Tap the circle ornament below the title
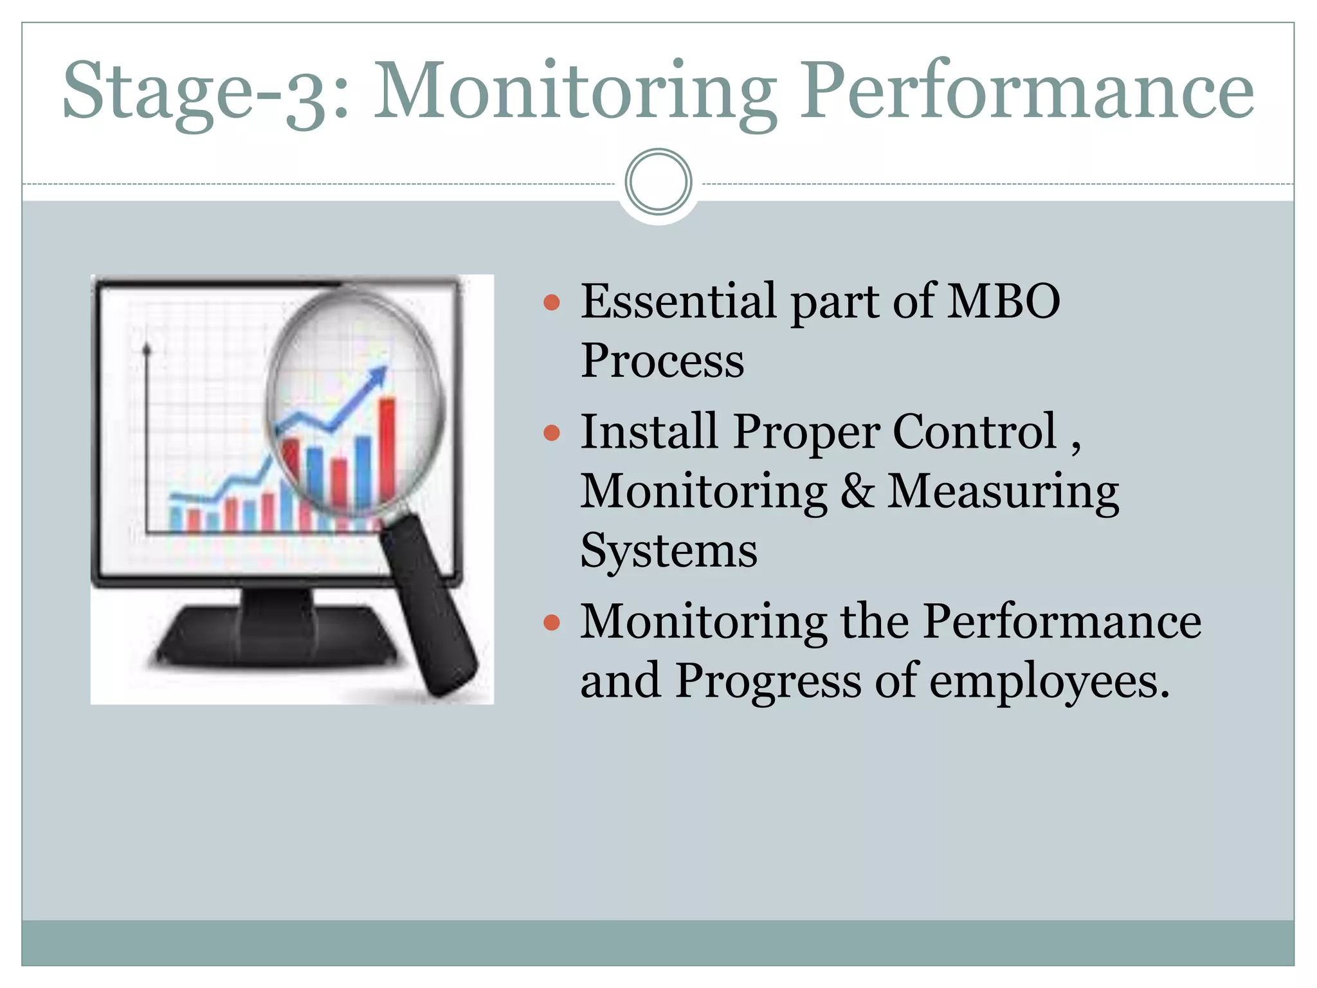[658, 182]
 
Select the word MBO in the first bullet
[1004, 301]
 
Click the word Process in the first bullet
[662, 360]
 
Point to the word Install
[648, 431]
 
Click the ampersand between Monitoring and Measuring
[857, 491]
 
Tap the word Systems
[669, 551]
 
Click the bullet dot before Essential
[552, 302]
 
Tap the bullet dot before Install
[552, 432]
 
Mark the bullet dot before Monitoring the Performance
[552, 622]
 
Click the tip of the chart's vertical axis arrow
[147, 348]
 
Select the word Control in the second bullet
[974, 431]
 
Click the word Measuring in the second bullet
[1003, 491]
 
